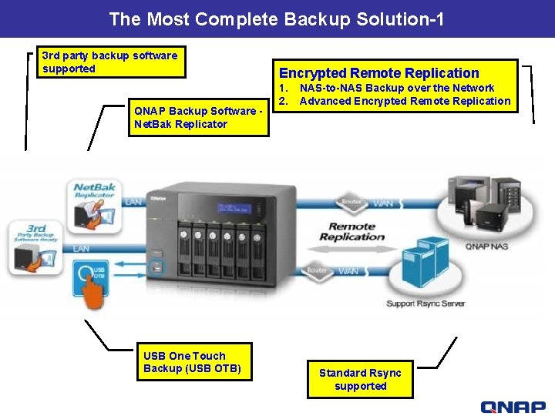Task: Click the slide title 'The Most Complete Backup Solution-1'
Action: coord(277,18)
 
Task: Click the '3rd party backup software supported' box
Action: coord(110,62)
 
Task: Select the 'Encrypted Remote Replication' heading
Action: coord(378,72)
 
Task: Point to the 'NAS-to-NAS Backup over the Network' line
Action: coord(396,88)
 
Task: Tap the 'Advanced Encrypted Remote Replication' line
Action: coord(405,101)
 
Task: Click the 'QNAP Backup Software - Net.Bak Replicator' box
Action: coord(198,117)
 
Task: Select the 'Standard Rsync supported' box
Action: coord(360,379)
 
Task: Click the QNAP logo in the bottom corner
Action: coord(513,407)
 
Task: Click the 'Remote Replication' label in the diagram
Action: coord(351,232)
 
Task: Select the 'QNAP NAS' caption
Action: coord(486,247)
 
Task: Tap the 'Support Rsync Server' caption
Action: coord(425,304)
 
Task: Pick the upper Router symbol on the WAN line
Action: coord(350,203)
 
